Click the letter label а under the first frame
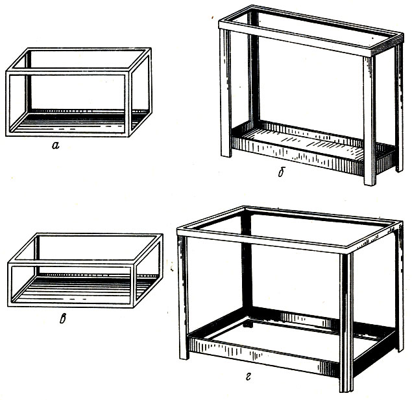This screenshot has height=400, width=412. (55, 145)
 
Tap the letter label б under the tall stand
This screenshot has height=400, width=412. (282, 172)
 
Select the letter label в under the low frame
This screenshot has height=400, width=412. (63, 318)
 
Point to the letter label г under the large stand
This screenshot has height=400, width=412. (248, 377)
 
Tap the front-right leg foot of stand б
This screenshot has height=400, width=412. (370, 183)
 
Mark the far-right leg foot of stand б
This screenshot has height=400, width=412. (399, 170)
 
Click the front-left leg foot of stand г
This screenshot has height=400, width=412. (184, 358)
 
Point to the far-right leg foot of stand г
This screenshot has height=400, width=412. (400, 350)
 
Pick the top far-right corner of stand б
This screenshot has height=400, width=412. (402, 34)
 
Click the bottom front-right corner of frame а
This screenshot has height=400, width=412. (129, 136)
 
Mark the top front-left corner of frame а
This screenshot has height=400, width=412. (6, 71)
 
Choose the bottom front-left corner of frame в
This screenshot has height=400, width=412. (8, 306)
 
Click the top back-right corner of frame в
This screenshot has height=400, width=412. (162, 235)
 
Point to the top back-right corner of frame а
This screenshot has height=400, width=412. (151, 49)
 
